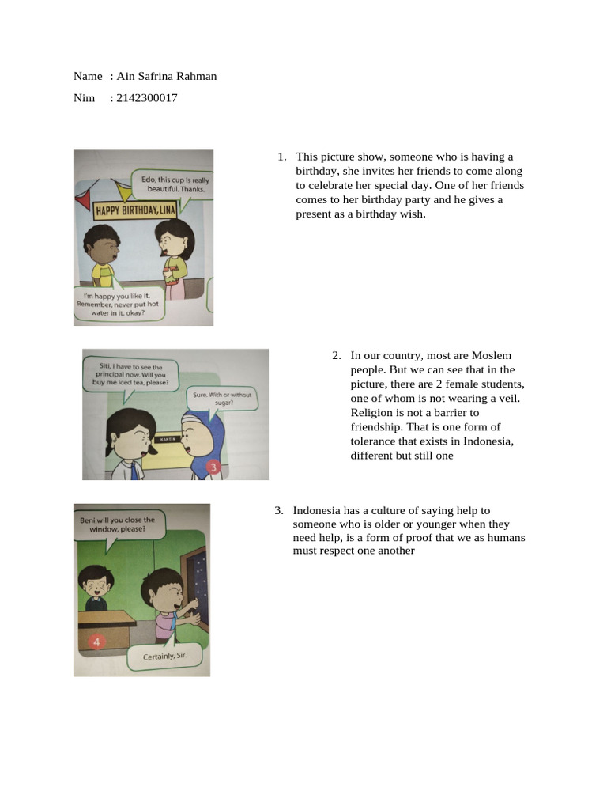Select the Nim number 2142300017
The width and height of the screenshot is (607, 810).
[x=146, y=98]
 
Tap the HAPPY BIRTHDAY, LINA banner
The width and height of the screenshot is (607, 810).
[x=136, y=210]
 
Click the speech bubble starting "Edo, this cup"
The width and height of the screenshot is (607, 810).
[x=172, y=184]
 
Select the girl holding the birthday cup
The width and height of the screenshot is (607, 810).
[x=174, y=253]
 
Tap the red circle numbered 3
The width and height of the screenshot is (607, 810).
[x=213, y=467]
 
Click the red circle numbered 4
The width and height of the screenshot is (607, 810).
[x=96, y=642]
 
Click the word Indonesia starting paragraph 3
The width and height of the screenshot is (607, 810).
[x=317, y=510]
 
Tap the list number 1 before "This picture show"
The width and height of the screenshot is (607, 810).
[x=281, y=157]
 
